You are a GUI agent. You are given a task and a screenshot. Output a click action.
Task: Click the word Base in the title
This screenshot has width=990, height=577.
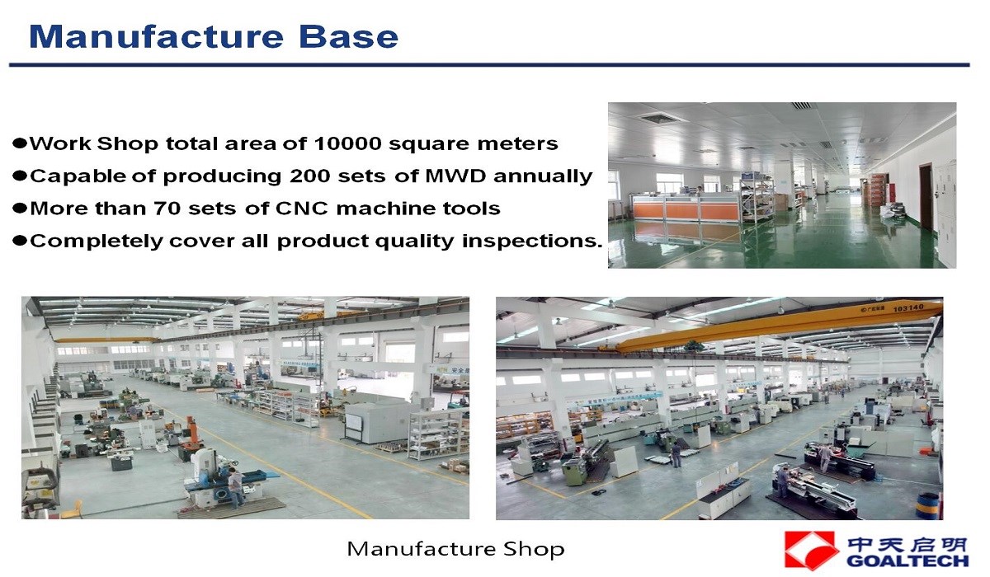[349, 36]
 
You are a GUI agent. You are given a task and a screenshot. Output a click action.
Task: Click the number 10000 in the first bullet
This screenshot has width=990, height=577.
[348, 143]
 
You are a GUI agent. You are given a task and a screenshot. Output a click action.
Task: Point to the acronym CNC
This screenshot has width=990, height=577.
[302, 209]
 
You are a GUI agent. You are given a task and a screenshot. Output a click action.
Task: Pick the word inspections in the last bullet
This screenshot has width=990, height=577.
[532, 241]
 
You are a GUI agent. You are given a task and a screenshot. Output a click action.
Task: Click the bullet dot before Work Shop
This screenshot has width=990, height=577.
[20, 143]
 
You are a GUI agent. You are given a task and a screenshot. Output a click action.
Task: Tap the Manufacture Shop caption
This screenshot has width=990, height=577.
[455, 549]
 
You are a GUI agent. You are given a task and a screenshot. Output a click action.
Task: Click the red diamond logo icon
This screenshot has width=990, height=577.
[812, 550]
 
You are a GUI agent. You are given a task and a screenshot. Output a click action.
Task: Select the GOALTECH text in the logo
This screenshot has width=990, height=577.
[907, 561]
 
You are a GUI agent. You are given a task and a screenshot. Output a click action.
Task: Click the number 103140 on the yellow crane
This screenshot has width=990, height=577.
[908, 307]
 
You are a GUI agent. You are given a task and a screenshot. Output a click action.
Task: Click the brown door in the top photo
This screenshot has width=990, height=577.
[925, 196]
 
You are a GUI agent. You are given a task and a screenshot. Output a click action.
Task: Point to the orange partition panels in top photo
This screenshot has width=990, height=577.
[686, 211]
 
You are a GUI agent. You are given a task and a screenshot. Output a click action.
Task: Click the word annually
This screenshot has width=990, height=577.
[543, 177]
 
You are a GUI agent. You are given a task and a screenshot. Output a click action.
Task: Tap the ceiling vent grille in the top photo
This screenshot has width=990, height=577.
[658, 118]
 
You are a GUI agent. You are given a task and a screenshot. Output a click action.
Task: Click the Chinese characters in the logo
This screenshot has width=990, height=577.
[907, 544]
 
